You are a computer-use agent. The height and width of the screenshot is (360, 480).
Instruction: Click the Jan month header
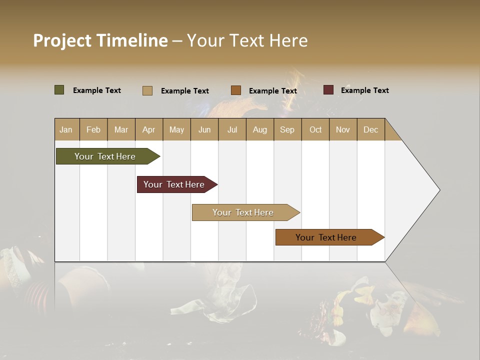click(x=66, y=130)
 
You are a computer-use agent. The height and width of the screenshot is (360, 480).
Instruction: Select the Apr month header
click(x=148, y=130)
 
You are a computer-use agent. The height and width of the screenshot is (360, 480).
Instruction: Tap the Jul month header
click(x=232, y=130)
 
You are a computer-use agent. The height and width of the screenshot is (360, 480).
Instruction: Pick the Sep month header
click(x=287, y=130)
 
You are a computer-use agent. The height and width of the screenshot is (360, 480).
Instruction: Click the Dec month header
click(x=370, y=130)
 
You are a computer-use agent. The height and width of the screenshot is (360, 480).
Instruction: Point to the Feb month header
click(x=93, y=130)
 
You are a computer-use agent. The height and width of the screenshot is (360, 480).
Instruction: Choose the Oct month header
click(x=315, y=130)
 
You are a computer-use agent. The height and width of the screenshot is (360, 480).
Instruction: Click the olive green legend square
click(x=59, y=90)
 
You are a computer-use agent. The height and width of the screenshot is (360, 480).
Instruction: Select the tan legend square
click(x=147, y=90)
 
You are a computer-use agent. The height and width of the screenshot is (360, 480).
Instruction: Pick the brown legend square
click(x=236, y=90)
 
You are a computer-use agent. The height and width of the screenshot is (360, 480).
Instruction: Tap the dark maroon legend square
click(x=328, y=90)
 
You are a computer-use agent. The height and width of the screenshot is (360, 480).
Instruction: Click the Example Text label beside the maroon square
click(x=364, y=90)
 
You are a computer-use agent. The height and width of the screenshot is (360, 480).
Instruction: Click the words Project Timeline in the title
click(x=100, y=40)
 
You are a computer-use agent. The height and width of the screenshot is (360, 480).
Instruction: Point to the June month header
click(x=204, y=130)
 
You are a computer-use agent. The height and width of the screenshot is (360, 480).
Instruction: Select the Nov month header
click(x=343, y=130)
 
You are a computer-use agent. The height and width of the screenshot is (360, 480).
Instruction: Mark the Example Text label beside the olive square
click(x=97, y=90)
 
